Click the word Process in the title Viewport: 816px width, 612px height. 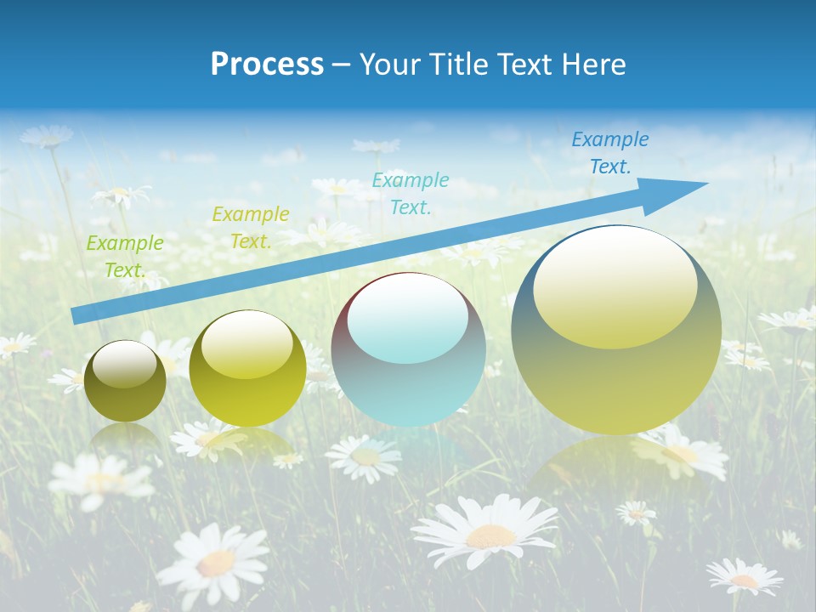click(x=267, y=64)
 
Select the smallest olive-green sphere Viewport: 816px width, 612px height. click(x=125, y=382)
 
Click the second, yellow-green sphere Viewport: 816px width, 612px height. click(x=247, y=369)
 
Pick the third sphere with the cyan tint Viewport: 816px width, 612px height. click(x=408, y=350)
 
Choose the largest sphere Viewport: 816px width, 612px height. click(x=616, y=330)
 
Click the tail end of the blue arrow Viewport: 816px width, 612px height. click(x=78, y=315)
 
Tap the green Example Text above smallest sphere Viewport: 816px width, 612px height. click(x=124, y=257)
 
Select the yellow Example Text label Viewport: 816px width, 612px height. click(x=250, y=228)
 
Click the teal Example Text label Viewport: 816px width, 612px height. click(x=410, y=193)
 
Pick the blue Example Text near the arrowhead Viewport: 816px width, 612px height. click(x=609, y=153)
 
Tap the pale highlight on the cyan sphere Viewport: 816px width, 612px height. click(x=408, y=319)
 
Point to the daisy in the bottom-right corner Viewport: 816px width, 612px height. click(x=744, y=577)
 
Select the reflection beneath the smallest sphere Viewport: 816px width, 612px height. click(x=125, y=439)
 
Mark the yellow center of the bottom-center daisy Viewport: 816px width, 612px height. click(x=490, y=535)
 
